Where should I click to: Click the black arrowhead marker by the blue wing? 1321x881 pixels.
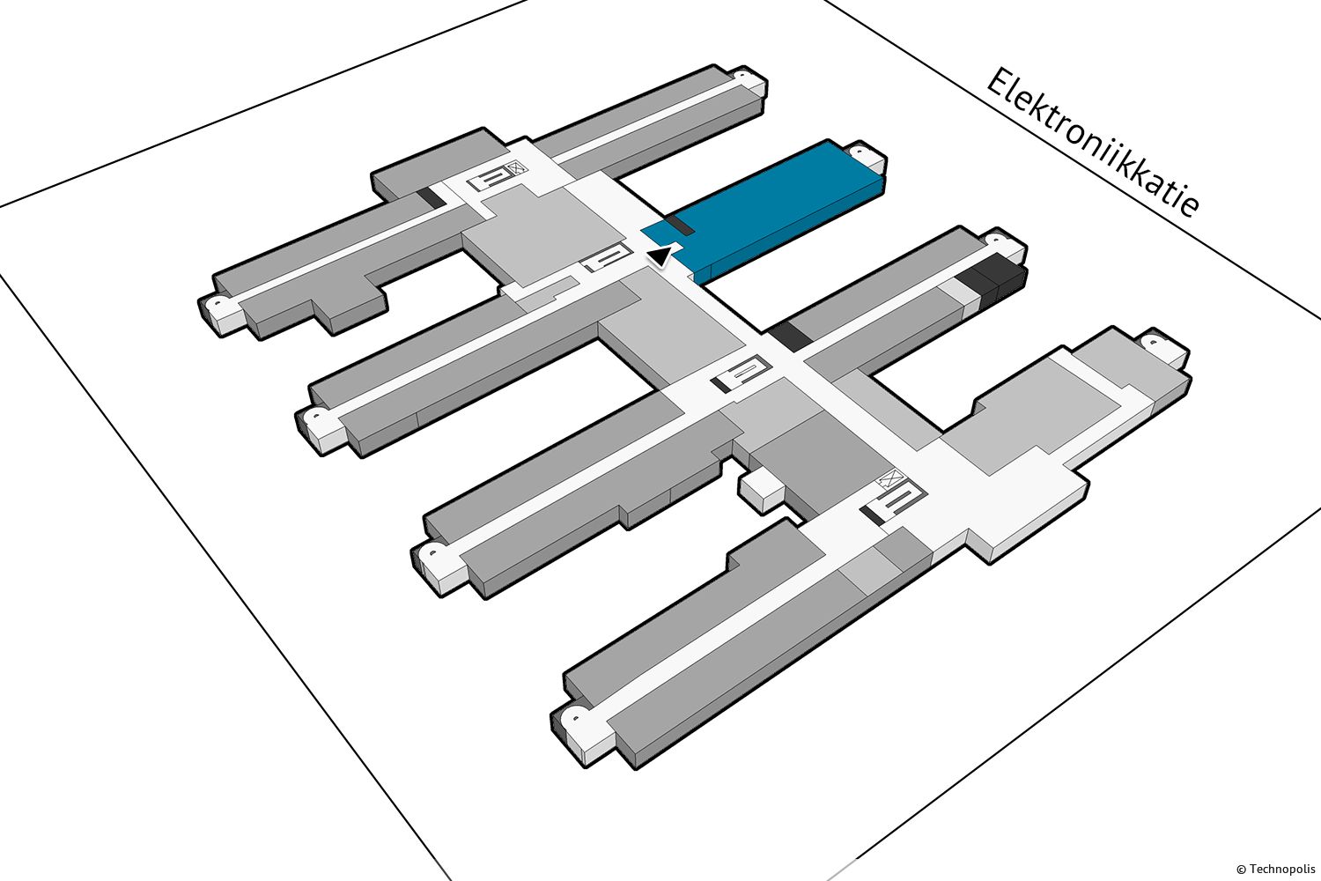pos(660,256)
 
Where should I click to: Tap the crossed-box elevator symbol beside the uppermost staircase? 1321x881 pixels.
pos(517,168)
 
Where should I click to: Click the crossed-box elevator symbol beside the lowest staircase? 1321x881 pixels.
pos(891,478)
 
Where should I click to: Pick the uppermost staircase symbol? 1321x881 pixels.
pos(491,179)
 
